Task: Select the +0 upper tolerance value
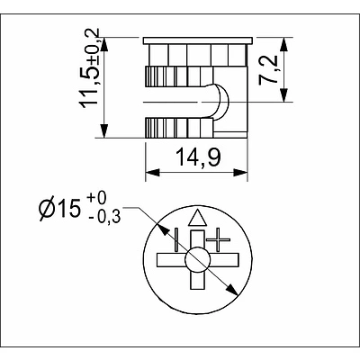pyautogui.click(x=98, y=197)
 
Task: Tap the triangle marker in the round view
pyautogui.click(x=197, y=219)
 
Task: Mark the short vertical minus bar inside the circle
pyautogui.click(x=177, y=240)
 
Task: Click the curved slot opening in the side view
pyautogui.click(x=216, y=101)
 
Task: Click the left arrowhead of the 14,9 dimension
pyautogui.click(x=149, y=174)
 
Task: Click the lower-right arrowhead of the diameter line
pyautogui.click(x=234, y=291)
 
